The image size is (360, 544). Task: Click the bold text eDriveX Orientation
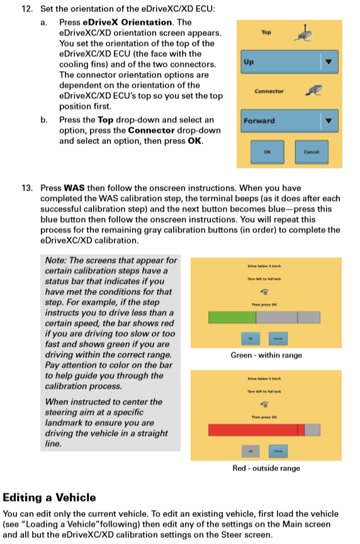[x=116, y=22]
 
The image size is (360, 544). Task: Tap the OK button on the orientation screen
[x=267, y=152]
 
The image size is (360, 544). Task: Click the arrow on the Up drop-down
[x=328, y=62]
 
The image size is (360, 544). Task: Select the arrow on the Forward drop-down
[x=328, y=120]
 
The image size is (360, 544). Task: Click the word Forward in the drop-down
[x=259, y=121]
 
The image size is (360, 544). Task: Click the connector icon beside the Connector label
[x=313, y=91]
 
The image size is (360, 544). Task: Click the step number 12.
[x=26, y=11]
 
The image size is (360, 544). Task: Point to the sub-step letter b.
[x=44, y=119]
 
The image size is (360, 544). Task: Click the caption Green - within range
[x=266, y=355]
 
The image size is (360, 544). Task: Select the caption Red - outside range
[x=266, y=468]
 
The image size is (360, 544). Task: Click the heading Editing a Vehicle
[x=50, y=497]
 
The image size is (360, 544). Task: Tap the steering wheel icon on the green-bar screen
[x=264, y=292]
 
